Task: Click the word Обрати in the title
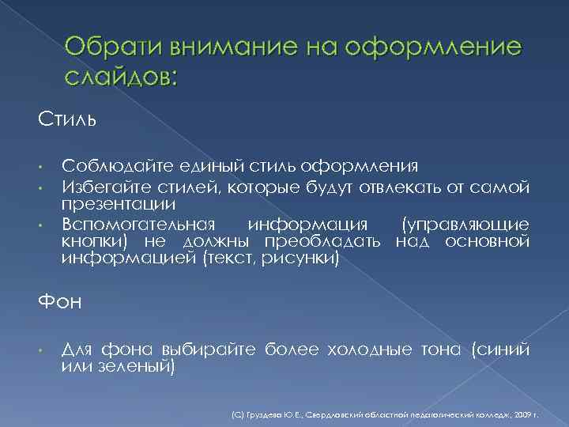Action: coord(104,49)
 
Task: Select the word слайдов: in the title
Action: coord(122,77)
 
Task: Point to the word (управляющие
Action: coord(465,223)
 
